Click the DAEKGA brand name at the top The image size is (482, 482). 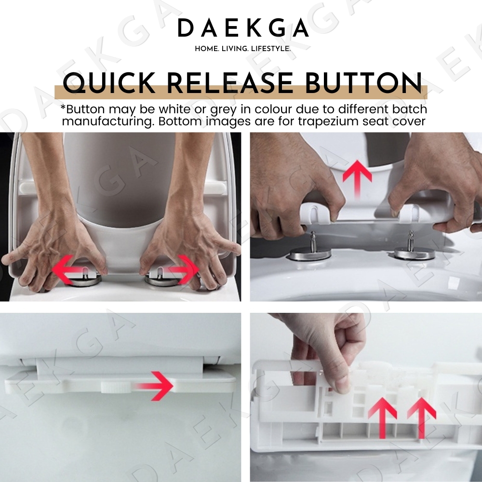pyautogui.click(x=243, y=28)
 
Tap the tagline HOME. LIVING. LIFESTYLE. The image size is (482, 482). pyautogui.click(x=242, y=49)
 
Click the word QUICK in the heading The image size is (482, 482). pyautogui.click(x=109, y=83)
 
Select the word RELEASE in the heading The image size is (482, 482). pyautogui.click(x=230, y=83)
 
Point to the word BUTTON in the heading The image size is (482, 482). pyautogui.click(x=363, y=83)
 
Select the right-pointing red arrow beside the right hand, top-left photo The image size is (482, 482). pyautogui.click(x=183, y=269)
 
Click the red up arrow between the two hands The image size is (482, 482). pyautogui.click(x=357, y=178)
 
